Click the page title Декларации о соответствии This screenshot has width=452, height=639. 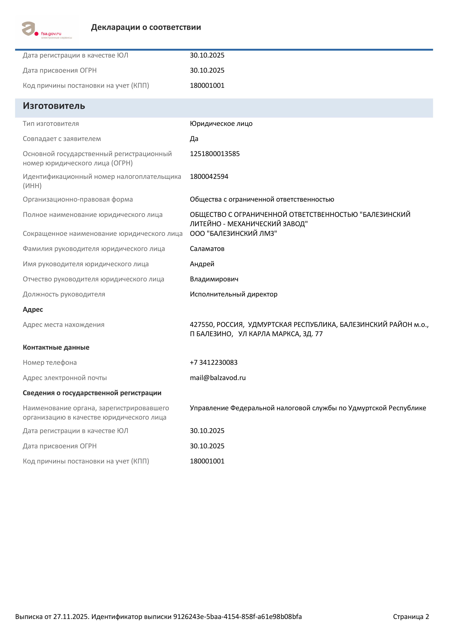[x=146, y=27]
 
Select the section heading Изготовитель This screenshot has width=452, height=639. [x=54, y=106]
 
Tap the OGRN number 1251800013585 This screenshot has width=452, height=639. [x=215, y=154]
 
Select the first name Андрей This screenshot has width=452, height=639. [x=202, y=264]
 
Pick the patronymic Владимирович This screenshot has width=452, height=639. [x=214, y=279]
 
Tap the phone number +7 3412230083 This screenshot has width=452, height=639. [x=214, y=363]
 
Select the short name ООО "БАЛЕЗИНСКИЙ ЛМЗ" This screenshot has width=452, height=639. [x=233, y=234]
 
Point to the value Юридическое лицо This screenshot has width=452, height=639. [x=221, y=124]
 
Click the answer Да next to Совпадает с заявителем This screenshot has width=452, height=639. [x=194, y=139]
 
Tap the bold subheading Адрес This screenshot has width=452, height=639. [x=33, y=310]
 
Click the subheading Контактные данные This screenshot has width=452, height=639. [x=56, y=348]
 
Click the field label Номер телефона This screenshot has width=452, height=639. [x=50, y=363]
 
